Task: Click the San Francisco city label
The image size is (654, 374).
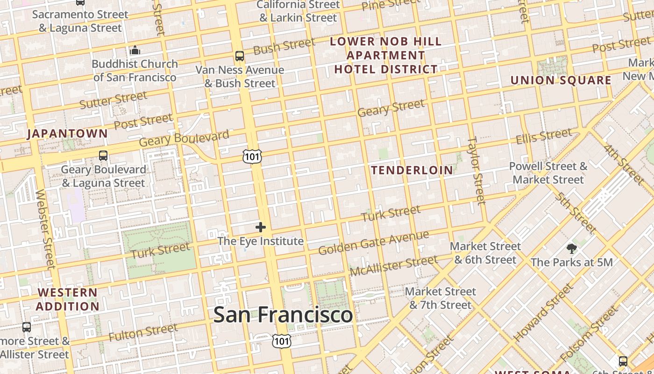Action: pos(283,315)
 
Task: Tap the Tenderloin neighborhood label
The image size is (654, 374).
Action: pos(412,170)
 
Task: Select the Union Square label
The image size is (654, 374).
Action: pos(561,80)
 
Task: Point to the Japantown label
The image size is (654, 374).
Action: pos(67,134)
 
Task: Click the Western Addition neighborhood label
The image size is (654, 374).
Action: pos(68,300)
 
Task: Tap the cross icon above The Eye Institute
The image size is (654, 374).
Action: pos(261,228)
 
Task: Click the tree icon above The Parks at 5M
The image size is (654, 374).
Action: pos(571,248)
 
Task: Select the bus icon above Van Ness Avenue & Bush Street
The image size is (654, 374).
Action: pos(240,56)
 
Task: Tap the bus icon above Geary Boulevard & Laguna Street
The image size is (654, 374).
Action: pos(103,156)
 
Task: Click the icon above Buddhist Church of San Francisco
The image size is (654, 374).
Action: pos(135,50)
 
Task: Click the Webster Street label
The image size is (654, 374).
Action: pos(45,229)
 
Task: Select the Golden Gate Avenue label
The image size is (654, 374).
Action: pos(373,243)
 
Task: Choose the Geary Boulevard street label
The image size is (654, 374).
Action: pos(184,139)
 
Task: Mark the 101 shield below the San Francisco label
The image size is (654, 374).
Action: pos(282,341)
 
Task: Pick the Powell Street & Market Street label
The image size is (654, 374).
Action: pos(548,173)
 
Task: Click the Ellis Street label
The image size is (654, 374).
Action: pos(543,137)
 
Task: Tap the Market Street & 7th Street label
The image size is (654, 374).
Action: pos(441,298)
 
